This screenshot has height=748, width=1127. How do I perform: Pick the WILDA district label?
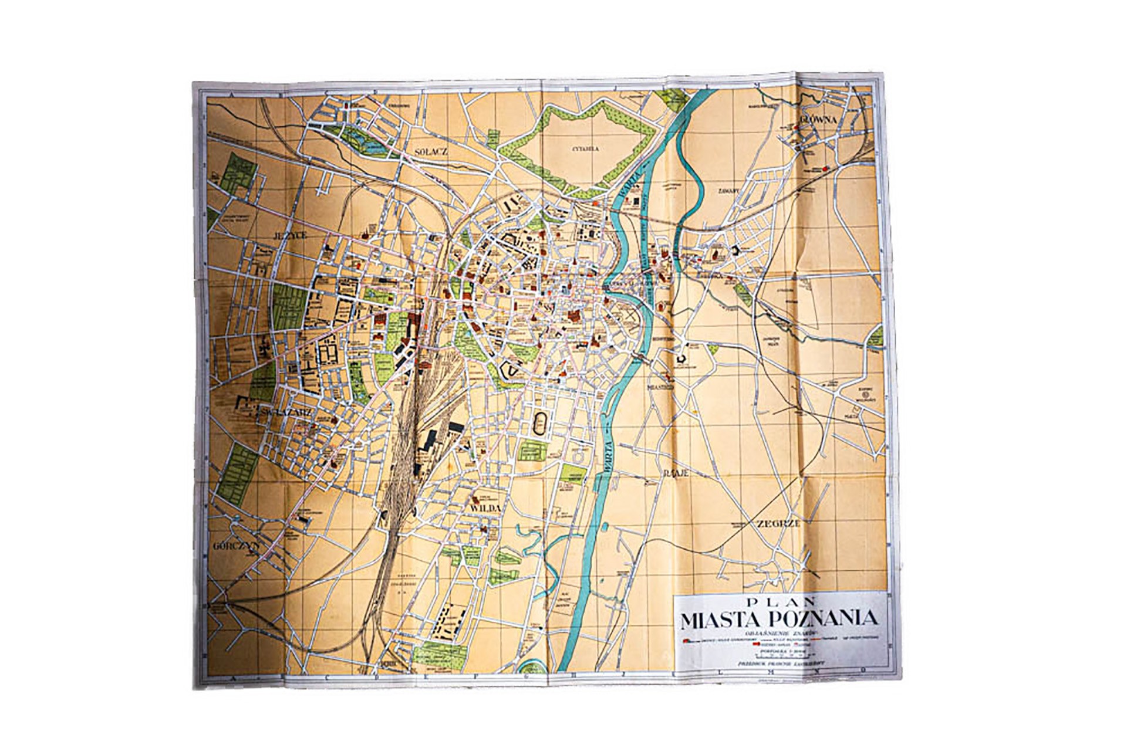[x=484, y=508]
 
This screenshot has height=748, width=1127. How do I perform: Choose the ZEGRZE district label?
[x=778, y=524]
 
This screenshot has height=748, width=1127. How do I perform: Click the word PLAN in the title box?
[x=776, y=601]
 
